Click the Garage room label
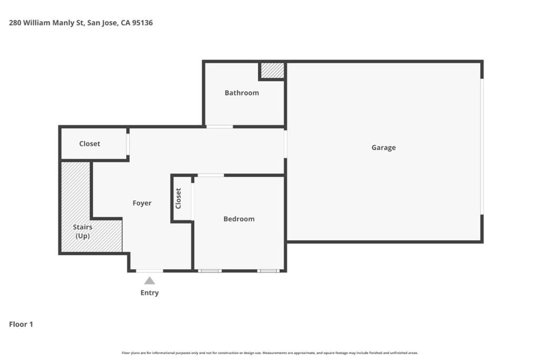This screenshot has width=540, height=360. [x=383, y=148]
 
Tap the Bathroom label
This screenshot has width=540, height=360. [x=242, y=93]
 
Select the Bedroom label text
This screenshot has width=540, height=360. [x=239, y=219]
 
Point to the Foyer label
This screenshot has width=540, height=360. [x=142, y=203]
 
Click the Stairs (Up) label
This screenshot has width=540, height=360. [x=83, y=231]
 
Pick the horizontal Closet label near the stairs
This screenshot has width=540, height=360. [x=90, y=144]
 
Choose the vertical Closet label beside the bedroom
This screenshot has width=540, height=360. [x=178, y=198]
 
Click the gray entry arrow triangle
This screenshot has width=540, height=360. [x=150, y=280]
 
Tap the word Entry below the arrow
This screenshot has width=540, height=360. [x=149, y=293]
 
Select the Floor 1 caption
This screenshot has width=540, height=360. [x=21, y=324]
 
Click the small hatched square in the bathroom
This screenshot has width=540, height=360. [x=272, y=71]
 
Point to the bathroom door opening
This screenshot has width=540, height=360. [x=219, y=127]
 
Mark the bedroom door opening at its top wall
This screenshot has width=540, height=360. [x=210, y=175]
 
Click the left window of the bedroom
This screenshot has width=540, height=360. [x=210, y=271]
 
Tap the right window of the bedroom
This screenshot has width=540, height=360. [x=268, y=271]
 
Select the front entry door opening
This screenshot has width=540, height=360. [x=150, y=271]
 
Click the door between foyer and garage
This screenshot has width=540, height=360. [x=285, y=144]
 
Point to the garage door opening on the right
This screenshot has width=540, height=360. [x=481, y=147]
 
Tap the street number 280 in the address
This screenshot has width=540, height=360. [x=15, y=23]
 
